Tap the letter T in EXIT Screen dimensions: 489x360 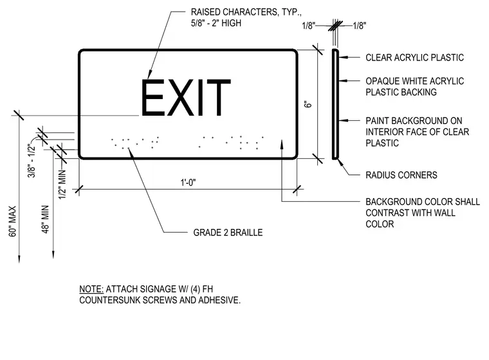tap(216, 97)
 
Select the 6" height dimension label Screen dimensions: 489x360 tap(308, 104)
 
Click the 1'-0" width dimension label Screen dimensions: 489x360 tap(188, 183)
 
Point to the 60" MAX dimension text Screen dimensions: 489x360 tap(12, 221)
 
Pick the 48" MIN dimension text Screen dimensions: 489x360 tap(46, 219)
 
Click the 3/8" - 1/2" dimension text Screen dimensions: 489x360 tap(32, 160)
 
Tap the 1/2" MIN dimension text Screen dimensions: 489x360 tap(62, 184)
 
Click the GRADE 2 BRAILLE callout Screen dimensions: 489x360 tap(228, 233)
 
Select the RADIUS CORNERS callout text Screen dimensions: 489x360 tap(401, 175)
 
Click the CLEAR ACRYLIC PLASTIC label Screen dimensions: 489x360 tap(414, 57)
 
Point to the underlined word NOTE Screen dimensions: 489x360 tap(91, 289)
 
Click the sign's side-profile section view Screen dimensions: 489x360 tap(335, 104)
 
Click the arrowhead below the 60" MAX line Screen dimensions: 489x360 tap(19, 259)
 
